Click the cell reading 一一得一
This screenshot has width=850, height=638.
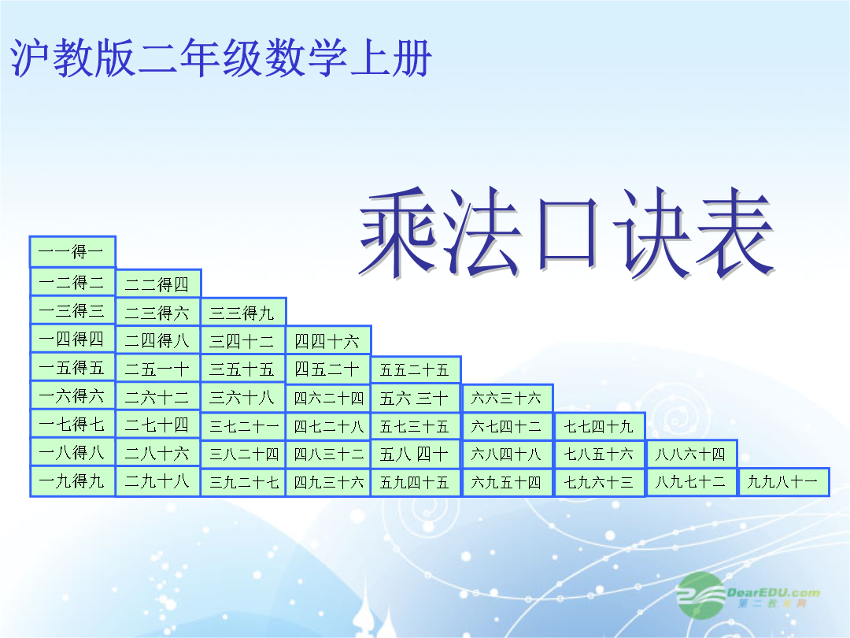pyautogui.click(x=72, y=252)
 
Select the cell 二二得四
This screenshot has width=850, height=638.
pyautogui.click(x=158, y=284)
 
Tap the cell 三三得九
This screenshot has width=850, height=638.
pyautogui.click(x=243, y=312)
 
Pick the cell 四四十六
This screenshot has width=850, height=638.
pyautogui.click(x=328, y=341)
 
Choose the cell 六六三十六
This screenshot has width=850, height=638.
pyautogui.click(x=507, y=399)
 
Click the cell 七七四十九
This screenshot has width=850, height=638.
pyautogui.click(x=600, y=426)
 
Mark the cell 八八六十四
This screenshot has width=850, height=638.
pyautogui.click(x=691, y=454)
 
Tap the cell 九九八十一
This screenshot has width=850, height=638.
pyautogui.click(x=784, y=482)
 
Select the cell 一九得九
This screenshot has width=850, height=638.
pyautogui.click(x=72, y=481)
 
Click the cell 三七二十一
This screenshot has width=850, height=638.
pyautogui.click(x=243, y=426)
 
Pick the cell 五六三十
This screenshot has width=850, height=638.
pyautogui.click(x=416, y=399)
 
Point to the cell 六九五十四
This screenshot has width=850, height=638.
pyautogui.click(x=507, y=482)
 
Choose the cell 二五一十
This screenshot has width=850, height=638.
pyautogui.click(x=158, y=369)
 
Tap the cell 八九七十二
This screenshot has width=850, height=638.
pyautogui.click(x=691, y=482)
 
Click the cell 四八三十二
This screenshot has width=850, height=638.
pyautogui.click(x=328, y=454)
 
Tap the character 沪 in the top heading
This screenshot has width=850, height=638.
pyautogui.click(x=30, y=57)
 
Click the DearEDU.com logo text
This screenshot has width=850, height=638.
pyautogui.click(x=773, y=592)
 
